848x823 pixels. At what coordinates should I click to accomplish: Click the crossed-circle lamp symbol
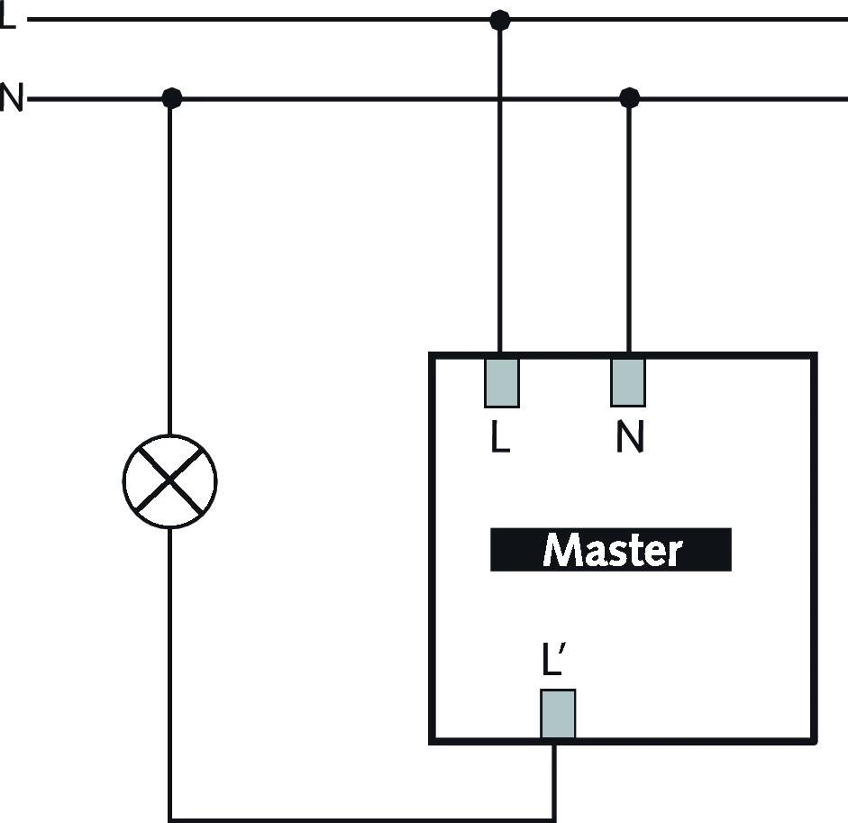169,481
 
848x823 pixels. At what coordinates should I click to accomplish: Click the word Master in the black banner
611,550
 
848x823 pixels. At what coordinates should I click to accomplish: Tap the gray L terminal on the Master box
501,382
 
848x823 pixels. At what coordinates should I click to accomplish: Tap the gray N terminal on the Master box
628,382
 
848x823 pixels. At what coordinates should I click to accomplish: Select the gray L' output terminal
558,714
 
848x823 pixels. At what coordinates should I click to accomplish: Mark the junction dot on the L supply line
499,19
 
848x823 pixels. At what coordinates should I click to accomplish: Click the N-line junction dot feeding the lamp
171,98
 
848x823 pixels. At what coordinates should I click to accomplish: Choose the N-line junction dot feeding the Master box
629,97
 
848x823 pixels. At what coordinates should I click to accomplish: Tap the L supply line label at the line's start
7,17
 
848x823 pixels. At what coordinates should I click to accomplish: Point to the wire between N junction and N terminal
629,225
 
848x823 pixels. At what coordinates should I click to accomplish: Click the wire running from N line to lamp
170,270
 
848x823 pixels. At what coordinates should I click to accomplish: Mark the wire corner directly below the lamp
170,818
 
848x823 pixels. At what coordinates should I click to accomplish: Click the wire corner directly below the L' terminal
555,818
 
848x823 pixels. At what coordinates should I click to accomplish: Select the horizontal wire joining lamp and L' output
360,818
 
